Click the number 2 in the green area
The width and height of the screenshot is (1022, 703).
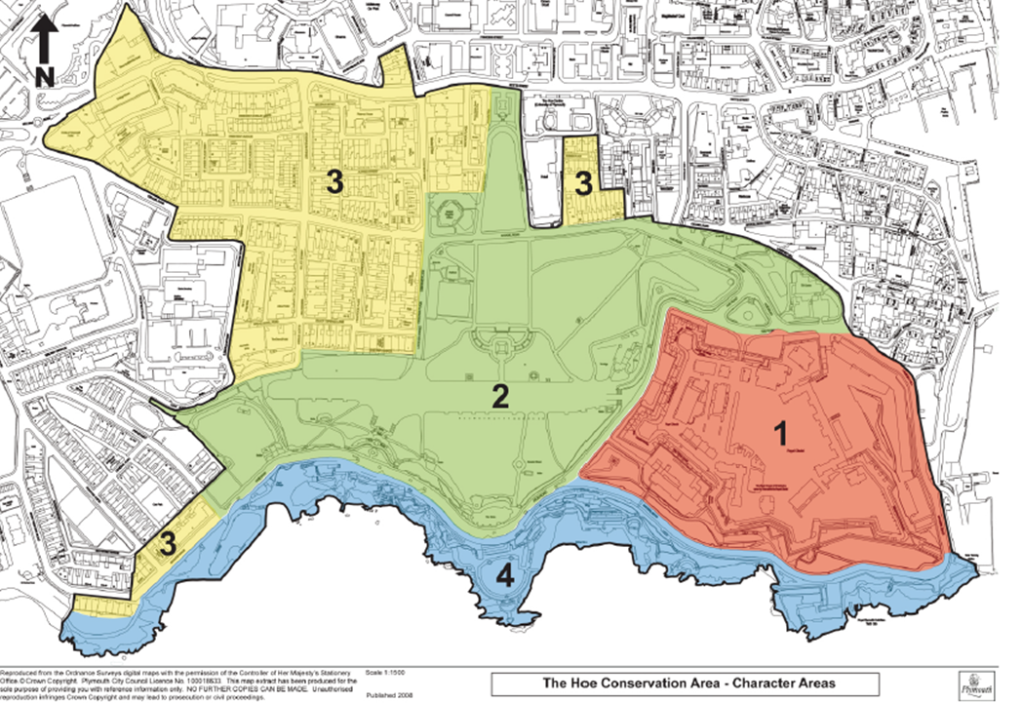coord(500,396)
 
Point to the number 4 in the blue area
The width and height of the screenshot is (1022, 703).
coord(503,576)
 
